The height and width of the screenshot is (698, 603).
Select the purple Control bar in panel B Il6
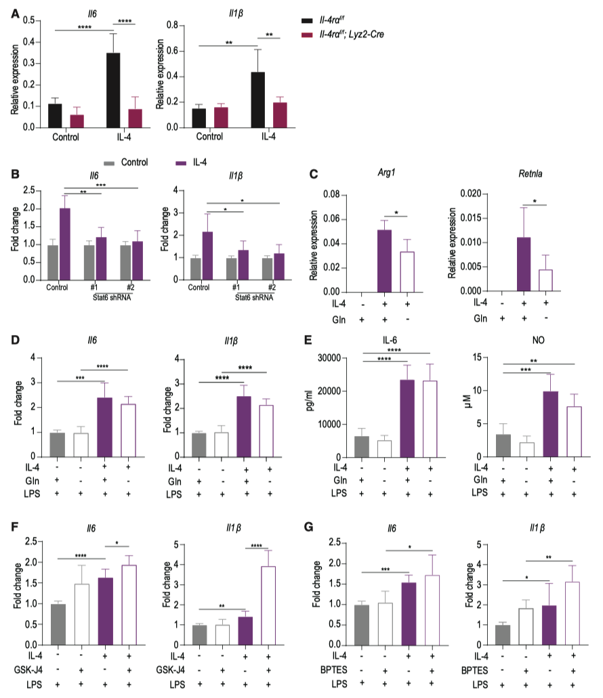click(65, 244)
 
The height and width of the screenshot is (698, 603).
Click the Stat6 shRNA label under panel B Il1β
click(243, 296)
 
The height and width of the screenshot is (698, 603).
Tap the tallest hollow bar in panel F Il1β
click(269, 605)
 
